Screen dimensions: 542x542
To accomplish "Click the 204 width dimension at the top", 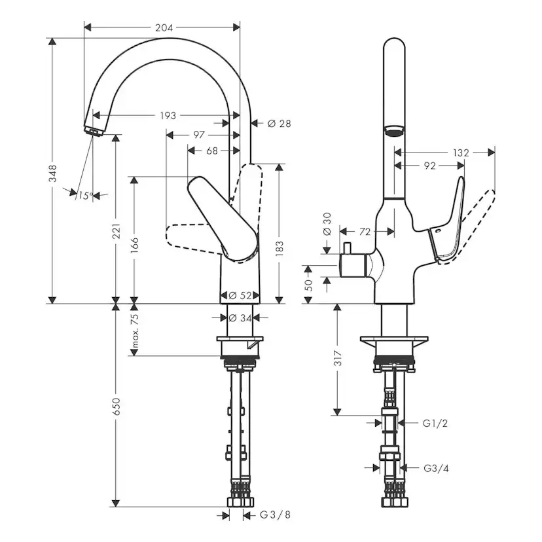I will coord(164,27).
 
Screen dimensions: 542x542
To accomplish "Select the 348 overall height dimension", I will coord(53,172).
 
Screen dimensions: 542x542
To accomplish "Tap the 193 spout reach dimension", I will coord(168,116).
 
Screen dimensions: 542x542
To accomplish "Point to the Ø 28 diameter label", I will coord(279,123).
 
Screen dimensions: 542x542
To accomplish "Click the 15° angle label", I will coord(84,195).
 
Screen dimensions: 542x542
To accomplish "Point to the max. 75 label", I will coord(135,331).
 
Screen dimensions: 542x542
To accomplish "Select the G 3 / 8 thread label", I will coord(274,515).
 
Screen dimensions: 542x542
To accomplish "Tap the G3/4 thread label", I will coord(435,468).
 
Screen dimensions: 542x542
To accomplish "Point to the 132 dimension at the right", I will coord(461,153).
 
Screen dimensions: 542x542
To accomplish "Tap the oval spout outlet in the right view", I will coord(393,131).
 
